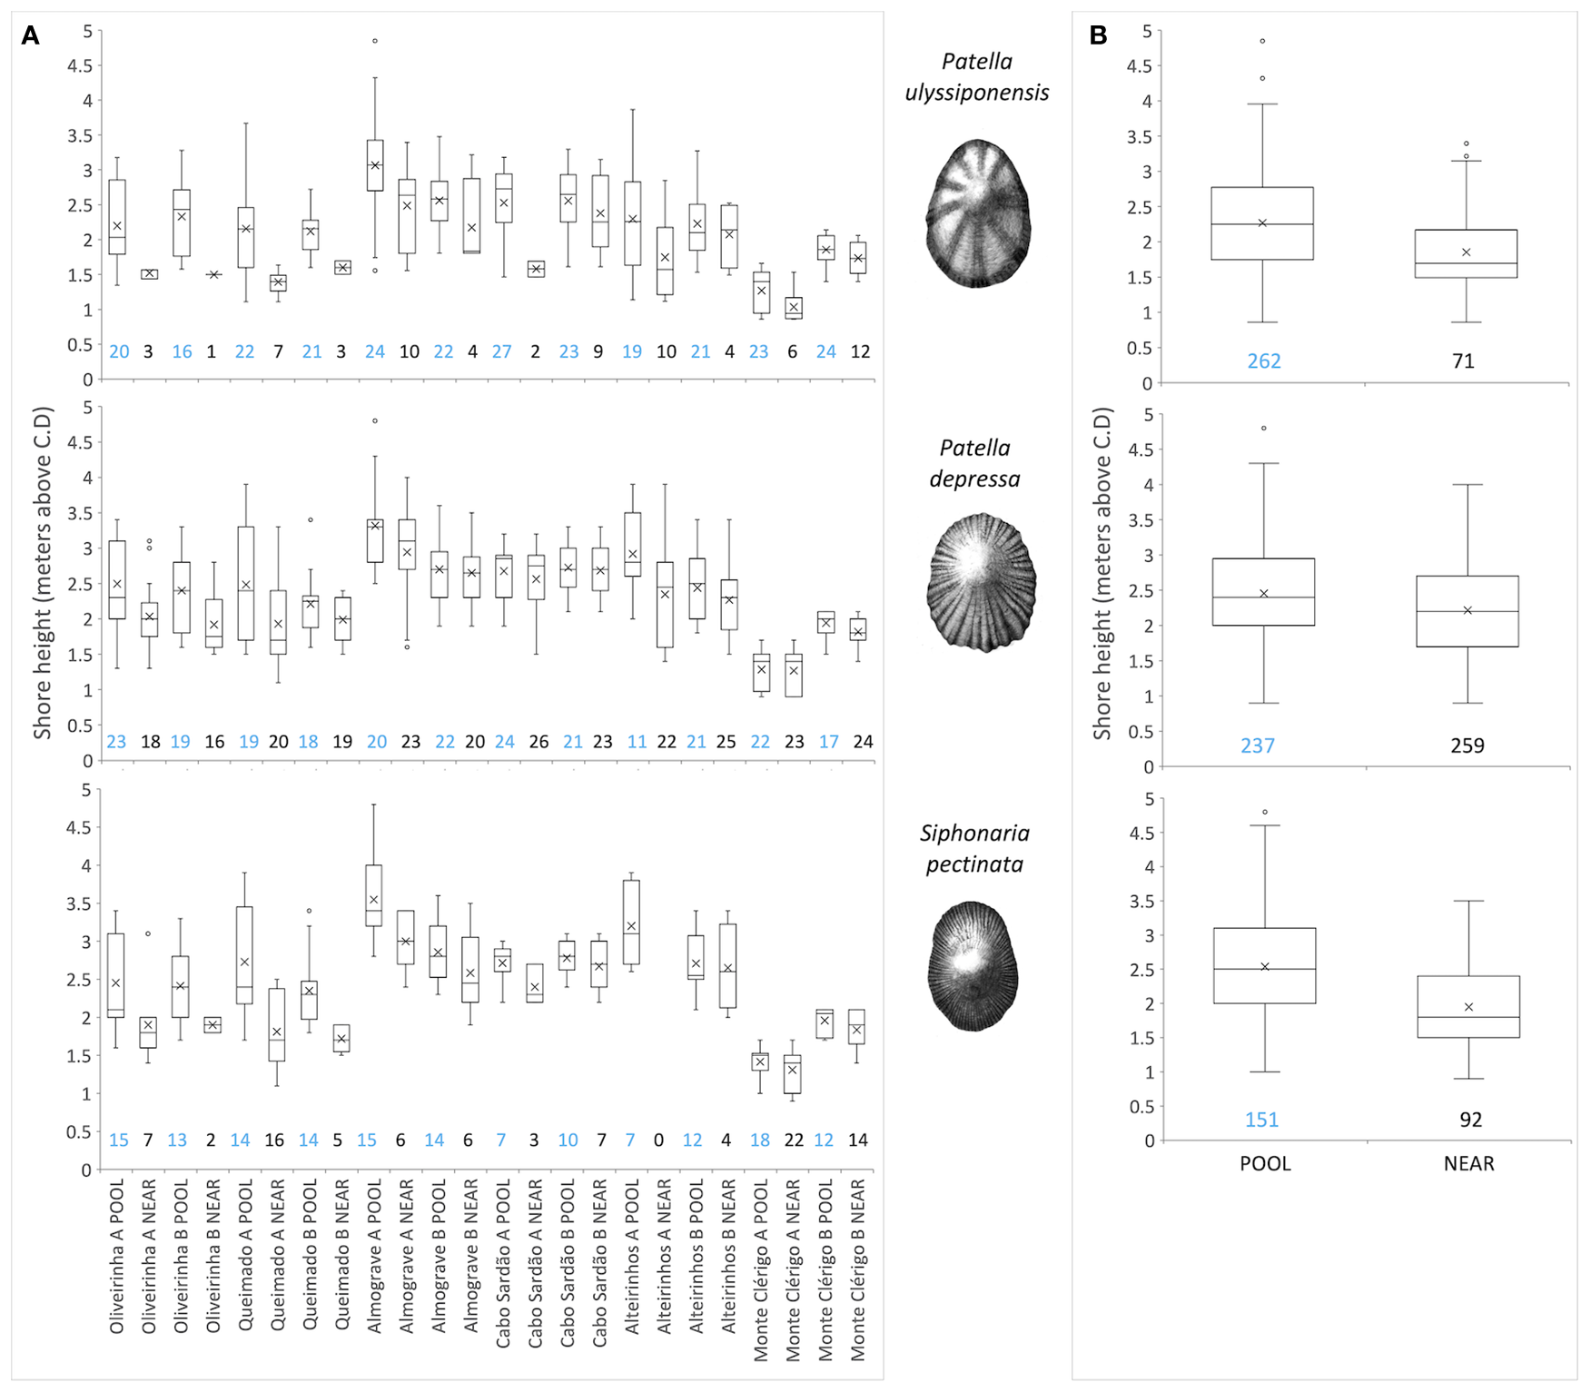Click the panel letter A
pyautogui.click(x=30, y=36)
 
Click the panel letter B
pyautogui.click(x=1098, y=36)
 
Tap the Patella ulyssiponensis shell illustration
pyautogui.click(x=978, y=213)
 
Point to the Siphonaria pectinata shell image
pyautogui.click(x=973, y=966)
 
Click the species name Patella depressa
pyautogui.click(x=975, y=463)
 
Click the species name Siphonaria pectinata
pyautogui.click(x=974, y=848)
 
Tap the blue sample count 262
pyautogui.click(x=1263, y=361)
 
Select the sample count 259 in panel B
pyautogui.click(x=1467, y=745)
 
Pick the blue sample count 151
pyautogui.click(x=1261, y=1120)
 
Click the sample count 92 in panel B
pyautogui.click(x=1470, y=1120)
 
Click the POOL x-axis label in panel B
pyautogui.click(x=1265, y=1163)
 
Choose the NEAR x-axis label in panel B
pyautogui.click(x=1468, y=1163)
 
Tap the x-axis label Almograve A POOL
pyautogui.click(x=374, y=1256)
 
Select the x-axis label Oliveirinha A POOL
pyautogui.click(x=117, y=1256)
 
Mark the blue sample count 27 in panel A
pyautogui.click(x=502, y=351)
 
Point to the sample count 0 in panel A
pyautogui.click(x=658, y=1140)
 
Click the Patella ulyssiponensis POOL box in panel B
pyautogui.click(x=1262, y=223)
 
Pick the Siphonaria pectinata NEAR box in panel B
pyautogui.click(x=1468, y=1007)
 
